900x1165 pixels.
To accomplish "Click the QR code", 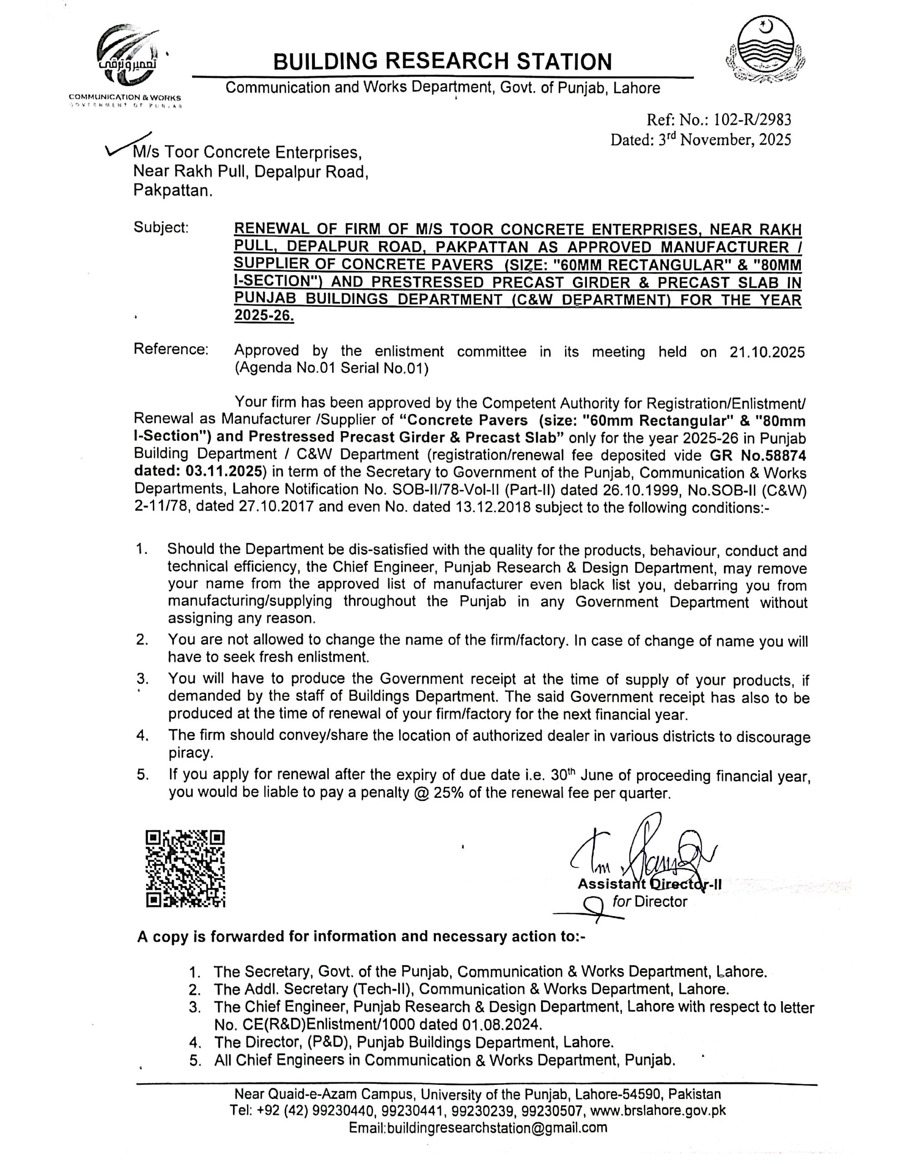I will pyautogui.click(x=185, y=868).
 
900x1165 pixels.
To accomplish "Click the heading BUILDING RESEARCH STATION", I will pyautogui.click(x=442, y=62).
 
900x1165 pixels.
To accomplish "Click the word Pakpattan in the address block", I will pyautogui.click(x=172, y=190).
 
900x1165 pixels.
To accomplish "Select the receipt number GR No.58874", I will pyautogui.click(x=758, y=455).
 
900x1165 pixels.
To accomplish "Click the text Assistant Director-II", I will pyautogui.click(x=649, y=884).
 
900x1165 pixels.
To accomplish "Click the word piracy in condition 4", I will pyautogui.click(x=191, y=753).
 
